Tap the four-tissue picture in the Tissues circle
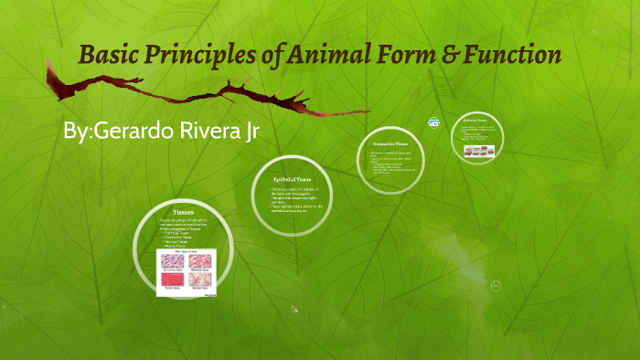pyautogui.click(x=187, y=272)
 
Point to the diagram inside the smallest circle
pyautogui.click(x=478, y=152)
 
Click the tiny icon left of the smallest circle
pyautogui.click(x=433, y=122)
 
